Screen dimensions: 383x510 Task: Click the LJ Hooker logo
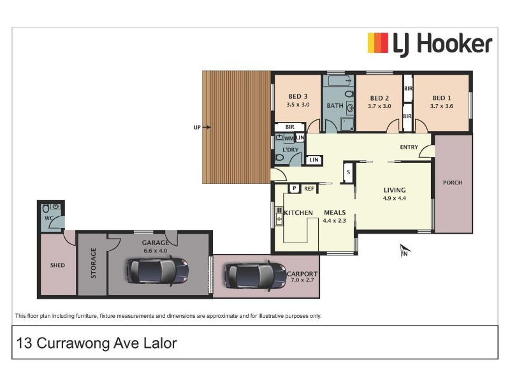430,44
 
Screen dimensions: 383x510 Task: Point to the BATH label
335,105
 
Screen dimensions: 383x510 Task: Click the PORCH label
453,183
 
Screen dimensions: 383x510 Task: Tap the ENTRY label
409,147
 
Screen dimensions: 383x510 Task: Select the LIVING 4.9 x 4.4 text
395,194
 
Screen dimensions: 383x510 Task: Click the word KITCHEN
298,213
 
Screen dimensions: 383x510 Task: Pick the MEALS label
335,213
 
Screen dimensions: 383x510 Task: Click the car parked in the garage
157,270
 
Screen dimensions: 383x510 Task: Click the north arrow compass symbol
404,250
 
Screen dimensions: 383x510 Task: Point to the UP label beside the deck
197,127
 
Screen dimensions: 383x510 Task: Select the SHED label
57,265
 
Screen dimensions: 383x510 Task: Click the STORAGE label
93,264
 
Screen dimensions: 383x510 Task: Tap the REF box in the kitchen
309,188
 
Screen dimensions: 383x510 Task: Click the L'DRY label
291,150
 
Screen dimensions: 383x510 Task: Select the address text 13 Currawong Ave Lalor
96,343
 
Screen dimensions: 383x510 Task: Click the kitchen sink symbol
279,216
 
